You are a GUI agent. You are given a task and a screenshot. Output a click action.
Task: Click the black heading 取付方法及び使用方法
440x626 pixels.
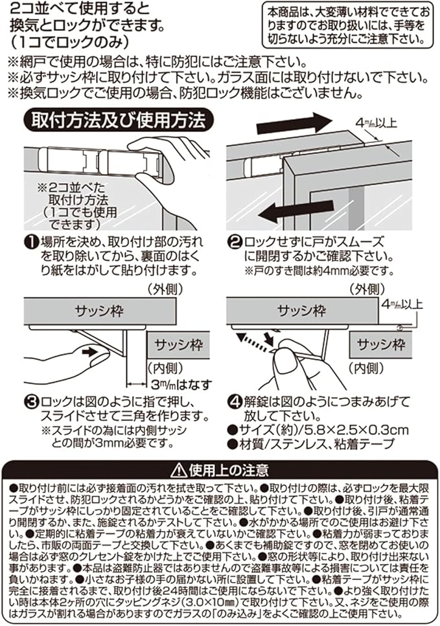[116, 120]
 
